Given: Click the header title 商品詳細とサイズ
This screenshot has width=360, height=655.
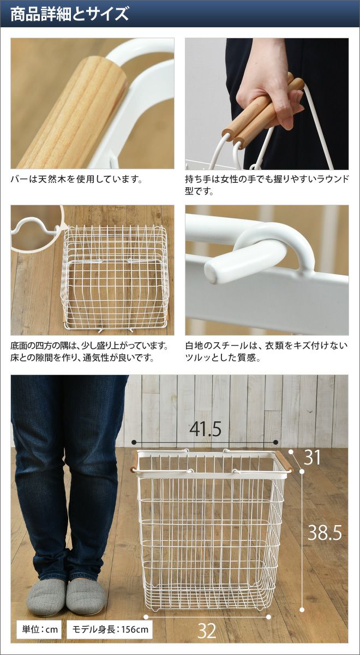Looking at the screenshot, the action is pos(70,14).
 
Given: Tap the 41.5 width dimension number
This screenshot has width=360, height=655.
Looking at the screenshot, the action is pos(205,429).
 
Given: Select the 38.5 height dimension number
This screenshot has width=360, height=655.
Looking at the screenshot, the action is pos(325,533).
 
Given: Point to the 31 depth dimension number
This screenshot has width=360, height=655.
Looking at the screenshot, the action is pos(312,457).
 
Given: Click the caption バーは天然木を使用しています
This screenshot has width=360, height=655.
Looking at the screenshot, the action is pos(76,178).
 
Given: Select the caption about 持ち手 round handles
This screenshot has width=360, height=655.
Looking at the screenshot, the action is pos(267,185).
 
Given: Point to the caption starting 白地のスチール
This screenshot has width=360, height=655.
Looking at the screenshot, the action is pos(267,352).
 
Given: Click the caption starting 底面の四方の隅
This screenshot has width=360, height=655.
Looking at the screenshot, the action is pos(90,352).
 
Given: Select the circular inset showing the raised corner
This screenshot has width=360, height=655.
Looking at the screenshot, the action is pos(37,228).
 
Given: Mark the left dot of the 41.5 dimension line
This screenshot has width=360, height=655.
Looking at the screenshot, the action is pos(134,442).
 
